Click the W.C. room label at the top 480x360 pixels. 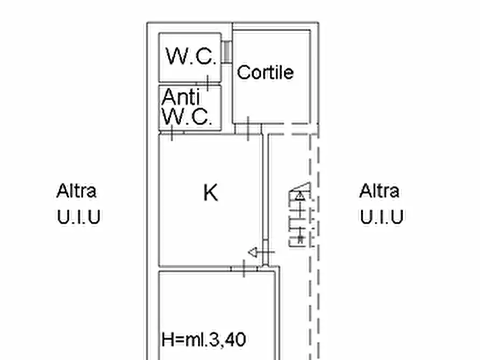(191, 56)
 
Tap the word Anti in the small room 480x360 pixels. (181, 97)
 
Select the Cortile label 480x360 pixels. (265, 73)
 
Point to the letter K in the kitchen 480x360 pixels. (211, 192)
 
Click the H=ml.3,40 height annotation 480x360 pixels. (204, 340)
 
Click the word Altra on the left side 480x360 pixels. (76, 191)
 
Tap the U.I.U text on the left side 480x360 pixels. (78, 217)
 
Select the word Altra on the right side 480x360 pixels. (379, 191)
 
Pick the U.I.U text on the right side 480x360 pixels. (382, 217)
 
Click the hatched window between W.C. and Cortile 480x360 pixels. (226, 52)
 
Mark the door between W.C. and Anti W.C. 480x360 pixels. (208, 83)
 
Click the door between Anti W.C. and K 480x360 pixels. (172, 133)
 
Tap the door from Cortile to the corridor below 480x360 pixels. (248, 128)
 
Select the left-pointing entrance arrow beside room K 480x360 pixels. (261, 253)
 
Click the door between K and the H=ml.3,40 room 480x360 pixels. (244, 269)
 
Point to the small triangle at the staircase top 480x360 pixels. (300, 196)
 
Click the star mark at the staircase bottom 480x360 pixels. (300, 239)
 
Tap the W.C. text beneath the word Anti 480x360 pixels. (187, 116)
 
